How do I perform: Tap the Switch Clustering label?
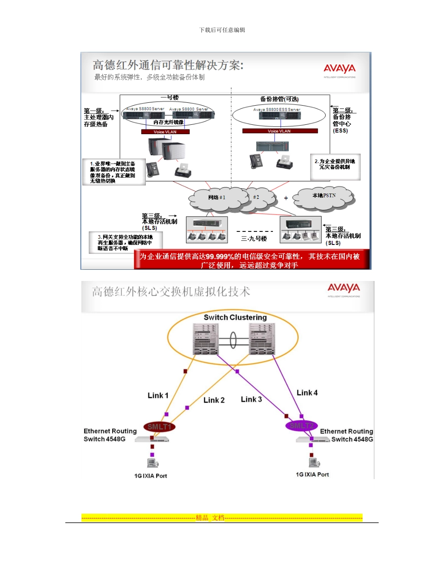(235, 317)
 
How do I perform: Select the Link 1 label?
(158, 395)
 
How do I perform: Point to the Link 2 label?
(214, 400)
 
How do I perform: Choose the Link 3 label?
(251, 399)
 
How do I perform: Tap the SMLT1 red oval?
(160, 426)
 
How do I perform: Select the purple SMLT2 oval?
(301, 425)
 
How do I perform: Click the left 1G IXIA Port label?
(148, 476)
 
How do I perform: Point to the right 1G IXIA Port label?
(312, 474)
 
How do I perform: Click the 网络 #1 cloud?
(217, 197)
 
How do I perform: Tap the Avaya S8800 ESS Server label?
(277, 109)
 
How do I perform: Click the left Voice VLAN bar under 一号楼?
(165, 132)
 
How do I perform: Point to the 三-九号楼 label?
(254, 238)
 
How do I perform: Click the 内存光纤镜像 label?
(169, 122)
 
